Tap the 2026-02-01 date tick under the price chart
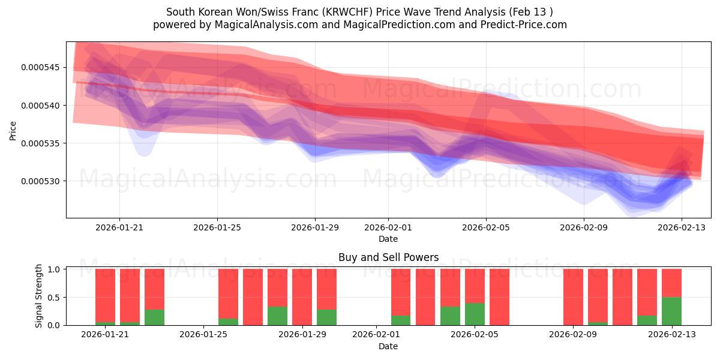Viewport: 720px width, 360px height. [388, 227]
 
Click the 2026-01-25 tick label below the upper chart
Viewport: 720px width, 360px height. [217, 227]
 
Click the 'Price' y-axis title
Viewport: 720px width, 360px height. [13, 130]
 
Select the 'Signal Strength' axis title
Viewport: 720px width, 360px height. [39, 296]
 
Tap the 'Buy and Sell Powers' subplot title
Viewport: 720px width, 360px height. [388, 257]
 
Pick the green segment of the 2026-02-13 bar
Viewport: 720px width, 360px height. [671, 311]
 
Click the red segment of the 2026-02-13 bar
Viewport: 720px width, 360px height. [671, 283]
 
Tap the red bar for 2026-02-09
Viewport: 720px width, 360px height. [573, 297]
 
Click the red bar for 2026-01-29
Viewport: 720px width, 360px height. [302, 297]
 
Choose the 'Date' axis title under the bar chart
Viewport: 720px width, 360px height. [388, 346]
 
